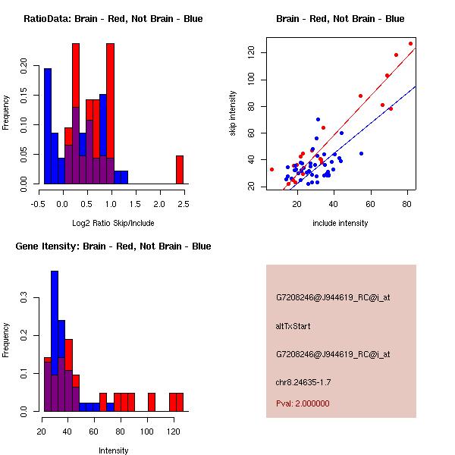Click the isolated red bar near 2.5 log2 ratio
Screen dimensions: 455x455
tap(180, 169)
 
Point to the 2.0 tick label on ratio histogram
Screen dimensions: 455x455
tap(159, 203)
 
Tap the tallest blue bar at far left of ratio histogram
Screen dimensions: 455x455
tap(47, 126)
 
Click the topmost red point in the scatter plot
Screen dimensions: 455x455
tap(410, 43)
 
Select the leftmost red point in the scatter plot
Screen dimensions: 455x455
tap(271, 169)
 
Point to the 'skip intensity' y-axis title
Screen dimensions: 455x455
tap(233, 114)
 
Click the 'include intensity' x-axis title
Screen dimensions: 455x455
tap(340, 223)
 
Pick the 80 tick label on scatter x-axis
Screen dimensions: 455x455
tap(407, 203)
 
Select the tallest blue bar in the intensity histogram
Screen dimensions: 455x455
tap(55, 340)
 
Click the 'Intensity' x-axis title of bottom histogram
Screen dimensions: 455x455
tap(113, 450)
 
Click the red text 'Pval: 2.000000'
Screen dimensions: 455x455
tap(303, 403)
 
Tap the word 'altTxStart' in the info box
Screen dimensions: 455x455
tap(293, 326)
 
